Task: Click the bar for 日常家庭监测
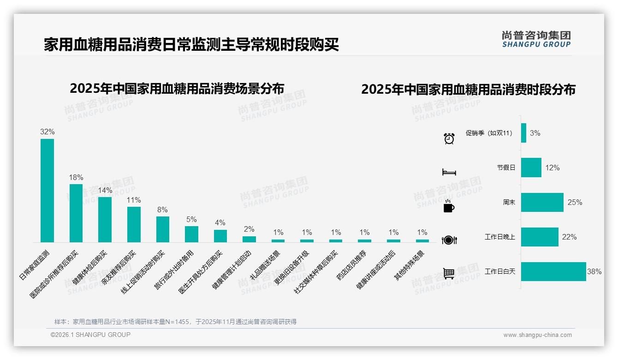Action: (47, 190)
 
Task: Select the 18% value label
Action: (76, 177)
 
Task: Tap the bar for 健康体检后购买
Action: (105, 219)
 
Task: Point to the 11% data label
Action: (134, 200)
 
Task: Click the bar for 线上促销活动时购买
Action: (163, 229)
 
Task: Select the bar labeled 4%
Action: (220, 236)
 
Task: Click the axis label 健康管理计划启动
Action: (232, 270)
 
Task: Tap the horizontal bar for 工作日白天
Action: (553, 271)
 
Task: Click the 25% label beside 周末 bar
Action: (575, 202)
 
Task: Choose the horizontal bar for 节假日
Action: (531, 168)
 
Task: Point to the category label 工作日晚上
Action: (499, 237)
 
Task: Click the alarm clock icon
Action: (449, 138)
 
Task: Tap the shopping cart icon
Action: (449, 273)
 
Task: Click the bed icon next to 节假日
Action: (449, 172)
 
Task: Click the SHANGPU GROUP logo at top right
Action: (536, 39)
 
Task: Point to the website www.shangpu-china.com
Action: (537, 335)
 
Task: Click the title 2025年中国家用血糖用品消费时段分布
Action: (468, 89)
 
